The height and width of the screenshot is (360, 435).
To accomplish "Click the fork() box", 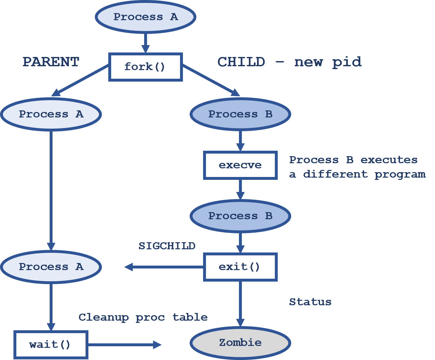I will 145,67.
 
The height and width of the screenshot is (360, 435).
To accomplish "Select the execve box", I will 240,165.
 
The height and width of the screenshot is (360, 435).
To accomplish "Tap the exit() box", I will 240,267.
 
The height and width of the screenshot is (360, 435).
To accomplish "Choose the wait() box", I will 51,345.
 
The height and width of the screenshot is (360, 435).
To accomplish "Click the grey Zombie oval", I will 240,343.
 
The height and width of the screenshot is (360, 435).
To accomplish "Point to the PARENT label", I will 51,62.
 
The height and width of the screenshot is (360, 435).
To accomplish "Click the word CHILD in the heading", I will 241,62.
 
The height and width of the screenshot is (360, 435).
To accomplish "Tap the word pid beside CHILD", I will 347,62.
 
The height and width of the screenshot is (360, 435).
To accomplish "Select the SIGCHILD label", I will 167,246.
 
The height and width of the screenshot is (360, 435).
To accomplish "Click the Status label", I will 310,302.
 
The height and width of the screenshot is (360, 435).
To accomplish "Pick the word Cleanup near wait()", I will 103,317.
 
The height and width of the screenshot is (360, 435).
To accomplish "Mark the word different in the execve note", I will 335,174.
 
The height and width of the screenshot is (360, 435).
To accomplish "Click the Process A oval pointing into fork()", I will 145,17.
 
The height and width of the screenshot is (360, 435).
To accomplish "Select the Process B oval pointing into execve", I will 240,114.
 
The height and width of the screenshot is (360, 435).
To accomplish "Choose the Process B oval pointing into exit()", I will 240,216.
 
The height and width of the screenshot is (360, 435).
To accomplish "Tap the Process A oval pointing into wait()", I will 51,267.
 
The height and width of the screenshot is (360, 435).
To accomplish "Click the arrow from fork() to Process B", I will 210,80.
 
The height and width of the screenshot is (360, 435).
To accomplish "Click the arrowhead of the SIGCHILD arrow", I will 129,267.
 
